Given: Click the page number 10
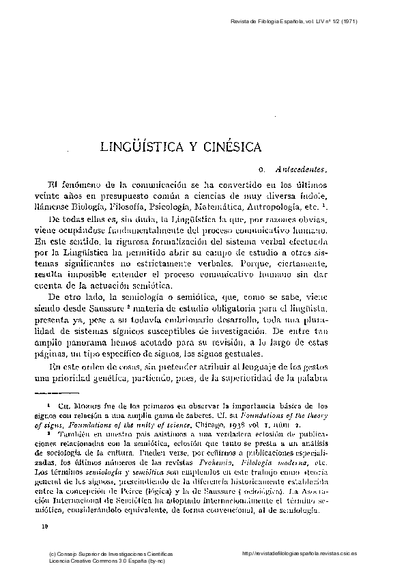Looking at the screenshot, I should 46,527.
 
